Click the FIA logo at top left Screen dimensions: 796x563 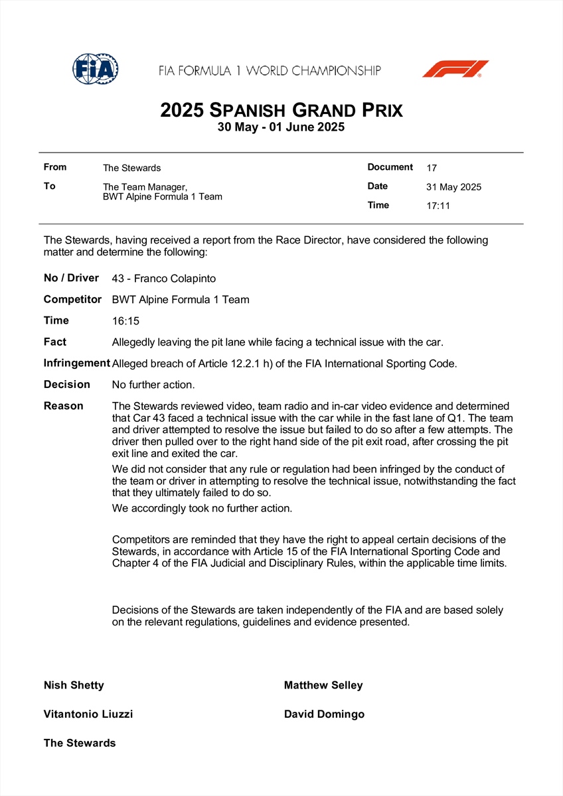coord(96,68)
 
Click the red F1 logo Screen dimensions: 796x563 coord(455,69)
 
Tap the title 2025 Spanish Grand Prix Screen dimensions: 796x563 coord(281,109)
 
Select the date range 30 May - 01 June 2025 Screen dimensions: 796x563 coord(281,127)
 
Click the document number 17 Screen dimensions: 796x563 coord(432,168)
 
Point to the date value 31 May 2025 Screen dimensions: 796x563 coord(453,187)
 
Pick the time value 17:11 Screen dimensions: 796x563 coord(438,206)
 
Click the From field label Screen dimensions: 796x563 coord(55,167)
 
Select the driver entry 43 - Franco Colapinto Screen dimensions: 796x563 coord(164,279)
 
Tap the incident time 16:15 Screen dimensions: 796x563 coord(126,321)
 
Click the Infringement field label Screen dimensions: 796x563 coord(76,363)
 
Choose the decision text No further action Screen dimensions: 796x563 coord(153,385)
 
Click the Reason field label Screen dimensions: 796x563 coord(64,405)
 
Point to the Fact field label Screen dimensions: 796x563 coord(55,342)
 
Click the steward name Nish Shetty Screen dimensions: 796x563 coord(74,685)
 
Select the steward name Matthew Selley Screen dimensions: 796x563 coord(323,685)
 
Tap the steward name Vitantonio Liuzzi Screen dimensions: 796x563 coord(88,714)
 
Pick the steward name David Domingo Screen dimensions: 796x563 coord(324,714)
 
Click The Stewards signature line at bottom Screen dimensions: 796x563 coord(80,743)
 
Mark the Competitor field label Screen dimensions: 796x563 coord(72,299)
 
